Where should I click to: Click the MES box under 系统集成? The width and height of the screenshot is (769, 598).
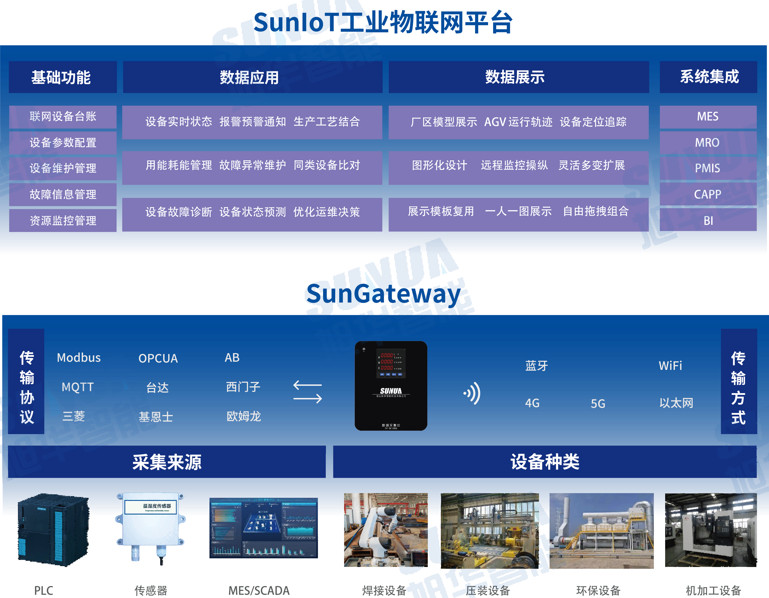tap(708, 116)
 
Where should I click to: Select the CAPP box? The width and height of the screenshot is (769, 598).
tap(708, 194)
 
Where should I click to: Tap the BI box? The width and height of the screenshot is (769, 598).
tap(708, 220)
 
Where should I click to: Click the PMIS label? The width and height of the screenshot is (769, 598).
tap(708, 168)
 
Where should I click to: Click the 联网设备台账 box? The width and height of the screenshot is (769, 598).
tap(63, 116)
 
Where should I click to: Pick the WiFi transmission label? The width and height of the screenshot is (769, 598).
tap(670, 366)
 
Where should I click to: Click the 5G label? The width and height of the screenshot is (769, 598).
tap(598, 404)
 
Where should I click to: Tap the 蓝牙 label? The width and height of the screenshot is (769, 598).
tap(536, 366)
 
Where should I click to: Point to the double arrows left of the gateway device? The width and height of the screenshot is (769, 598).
tap(307, 392)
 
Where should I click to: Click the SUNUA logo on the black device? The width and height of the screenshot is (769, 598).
tap(391, 391)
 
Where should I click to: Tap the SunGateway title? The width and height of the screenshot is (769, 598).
tap(383, 294)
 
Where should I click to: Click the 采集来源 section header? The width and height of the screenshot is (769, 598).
tap(167, 462)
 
